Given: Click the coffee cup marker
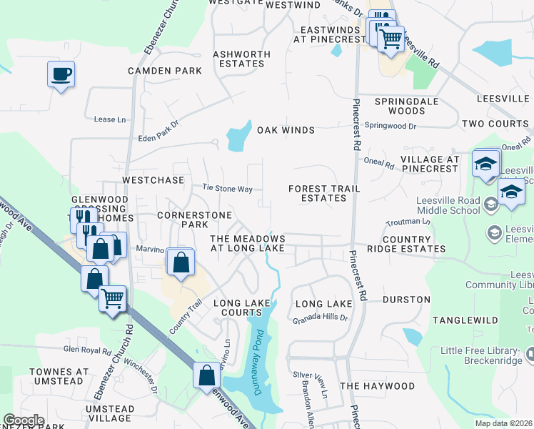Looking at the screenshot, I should [61, 74].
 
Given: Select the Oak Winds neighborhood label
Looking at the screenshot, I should [286, 130].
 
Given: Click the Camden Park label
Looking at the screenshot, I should [165, 71].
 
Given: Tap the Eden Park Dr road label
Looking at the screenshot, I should [158, 137].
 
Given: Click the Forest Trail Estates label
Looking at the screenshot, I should [324, 193].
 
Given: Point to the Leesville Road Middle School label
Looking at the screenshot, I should [444, 206].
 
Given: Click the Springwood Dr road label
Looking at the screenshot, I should [390, 126].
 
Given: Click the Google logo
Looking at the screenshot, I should [24, 420].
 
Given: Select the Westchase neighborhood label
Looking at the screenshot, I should [153, 180].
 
